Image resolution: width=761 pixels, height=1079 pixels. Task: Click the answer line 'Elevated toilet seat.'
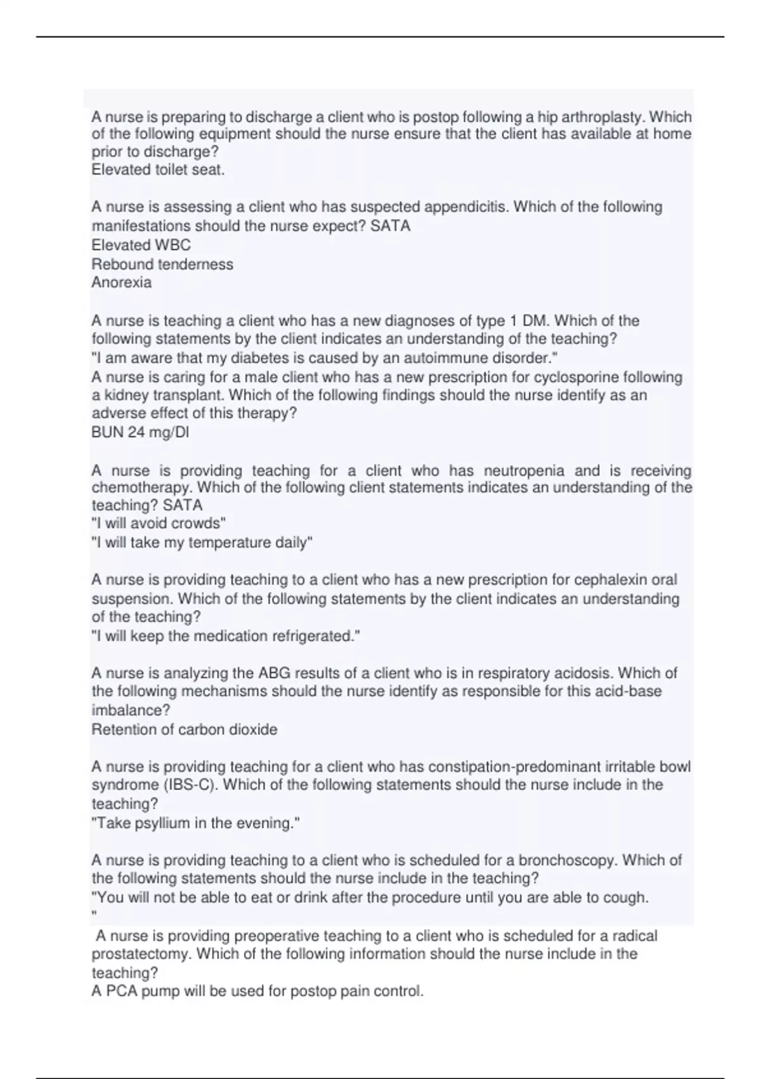[158, 169]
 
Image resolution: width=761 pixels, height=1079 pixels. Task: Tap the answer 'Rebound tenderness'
[162, 264]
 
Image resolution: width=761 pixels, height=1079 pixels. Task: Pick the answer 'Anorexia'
[122, 282]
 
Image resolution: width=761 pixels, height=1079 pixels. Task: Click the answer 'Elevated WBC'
[141, 245]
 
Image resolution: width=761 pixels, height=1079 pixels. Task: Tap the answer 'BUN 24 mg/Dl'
[140, 433]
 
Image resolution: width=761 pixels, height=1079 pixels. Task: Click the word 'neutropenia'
[524, 471]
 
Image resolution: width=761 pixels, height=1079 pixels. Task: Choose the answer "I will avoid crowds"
[159, 524]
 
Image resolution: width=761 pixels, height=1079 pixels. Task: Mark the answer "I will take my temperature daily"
[202, 543]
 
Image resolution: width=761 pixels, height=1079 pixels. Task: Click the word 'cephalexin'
[609, 580]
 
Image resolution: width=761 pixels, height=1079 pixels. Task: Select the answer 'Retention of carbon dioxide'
[185, 729]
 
